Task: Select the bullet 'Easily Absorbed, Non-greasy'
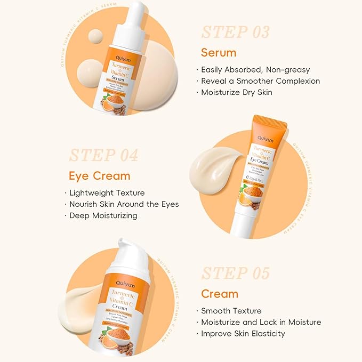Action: click(x=255, y=69)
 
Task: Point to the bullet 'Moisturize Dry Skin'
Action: click(x=237, y=92)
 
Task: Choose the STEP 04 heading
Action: click(x=103, y=155)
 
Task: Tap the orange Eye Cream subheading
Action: click(x=99, y=176)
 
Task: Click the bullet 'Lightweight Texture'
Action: click(x=107, y=192)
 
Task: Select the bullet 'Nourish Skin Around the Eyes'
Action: click(x=124, y=204)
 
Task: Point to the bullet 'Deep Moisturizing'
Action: click(x=103, y=215)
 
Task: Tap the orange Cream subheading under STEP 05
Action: click(x=220, y=294)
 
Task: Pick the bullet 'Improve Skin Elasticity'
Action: click(x=243, y=333)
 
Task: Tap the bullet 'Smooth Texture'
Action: click(x=231, y=311)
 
